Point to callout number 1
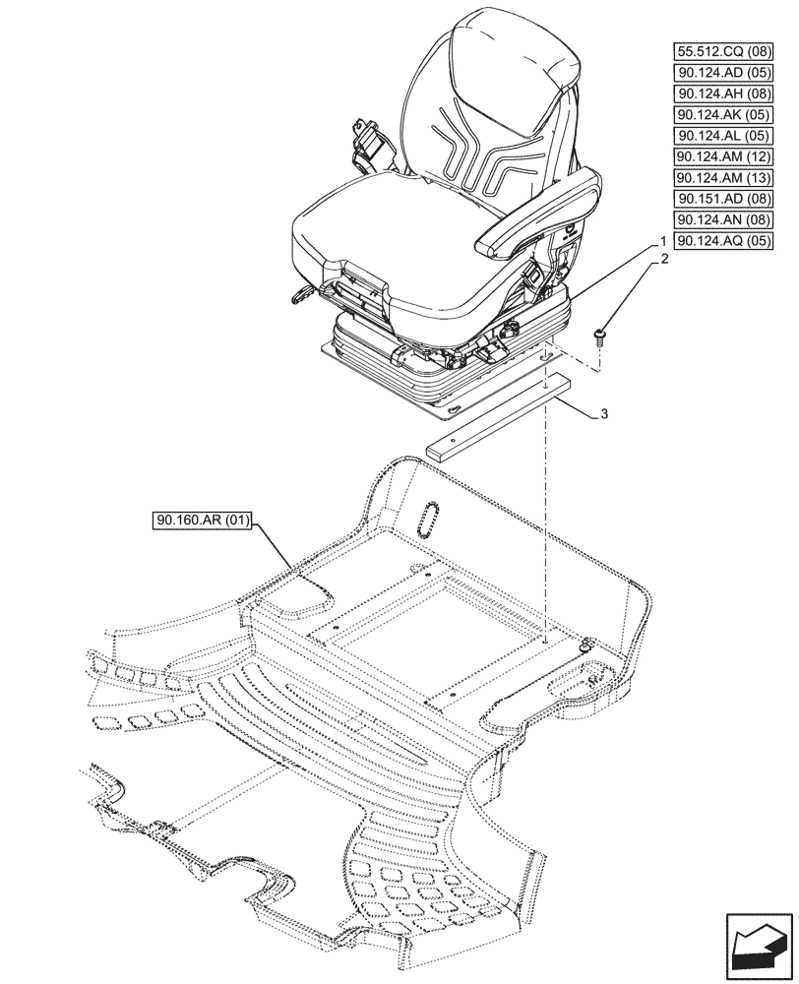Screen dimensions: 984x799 click(664, 241)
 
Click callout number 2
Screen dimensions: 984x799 click(664, 260)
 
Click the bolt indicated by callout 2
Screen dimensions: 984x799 click(600, 338)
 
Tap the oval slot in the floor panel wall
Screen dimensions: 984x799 click(430, 518)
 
